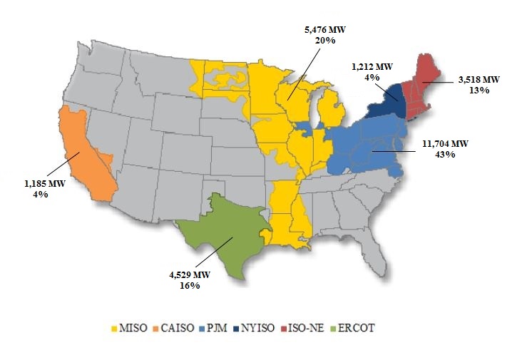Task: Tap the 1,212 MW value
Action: click(372, 67)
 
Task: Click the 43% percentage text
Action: click(444, 155)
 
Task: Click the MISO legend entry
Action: click(129, 329)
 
